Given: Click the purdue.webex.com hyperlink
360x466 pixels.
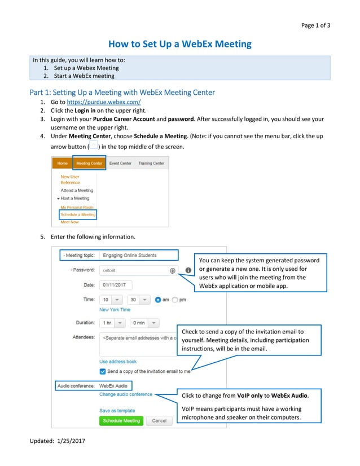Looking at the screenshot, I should click(x=104, y=102).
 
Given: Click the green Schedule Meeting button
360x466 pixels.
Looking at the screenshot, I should click(x=121, y=420).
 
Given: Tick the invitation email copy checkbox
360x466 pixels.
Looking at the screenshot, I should click(x=103, y=371).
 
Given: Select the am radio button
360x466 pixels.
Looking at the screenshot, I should click(x=159, y=300).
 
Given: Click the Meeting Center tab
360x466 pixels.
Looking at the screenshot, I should click(x=89, y=163).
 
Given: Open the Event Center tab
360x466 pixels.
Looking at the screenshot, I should click(x=120, y=163).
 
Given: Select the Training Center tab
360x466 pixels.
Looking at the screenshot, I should click(x=151, y=163).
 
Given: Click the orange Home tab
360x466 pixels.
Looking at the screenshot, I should click(x=62, y=163).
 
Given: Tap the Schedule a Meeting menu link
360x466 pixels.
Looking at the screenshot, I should click(x=78, y=214).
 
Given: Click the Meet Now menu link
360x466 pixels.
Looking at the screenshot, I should click(x=69, y=222).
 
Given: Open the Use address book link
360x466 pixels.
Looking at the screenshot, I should click(x=118, y=362).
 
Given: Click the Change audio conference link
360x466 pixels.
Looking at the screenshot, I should click(x=126, y=394).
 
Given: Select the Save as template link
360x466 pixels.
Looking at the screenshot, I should click(x=117, y=411).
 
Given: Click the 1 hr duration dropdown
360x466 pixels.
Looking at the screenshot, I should click(x=112, y=323).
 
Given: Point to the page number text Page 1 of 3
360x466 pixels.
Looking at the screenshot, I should click(x=315, y=25).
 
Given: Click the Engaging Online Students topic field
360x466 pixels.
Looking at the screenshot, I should click(x=138, y=256).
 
